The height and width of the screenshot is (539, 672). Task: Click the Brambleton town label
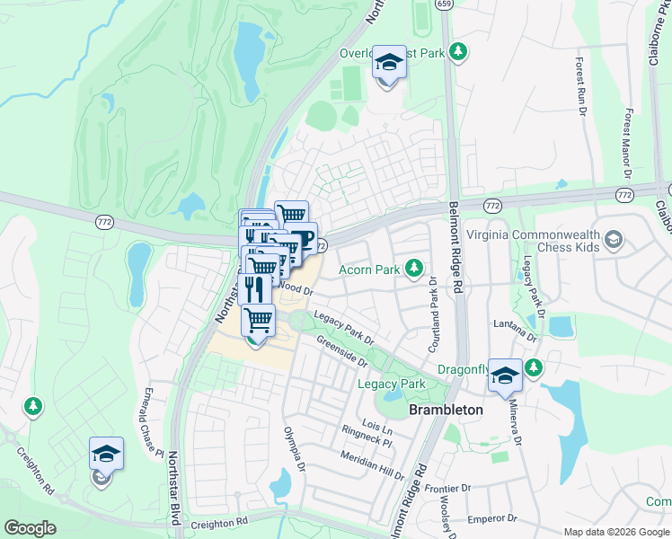[x=446, y=410]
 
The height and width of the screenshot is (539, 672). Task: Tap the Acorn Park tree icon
[x=414, y=268]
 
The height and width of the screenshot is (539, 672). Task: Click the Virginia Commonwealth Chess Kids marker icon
[x=614, y=239]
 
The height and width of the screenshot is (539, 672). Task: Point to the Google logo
[x=30, y=528]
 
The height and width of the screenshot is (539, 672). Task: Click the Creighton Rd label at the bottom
[x=218, y=522]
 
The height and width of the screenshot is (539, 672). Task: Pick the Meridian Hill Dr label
[x=373, y=464]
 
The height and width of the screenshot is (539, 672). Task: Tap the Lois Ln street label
[x=375, y=424]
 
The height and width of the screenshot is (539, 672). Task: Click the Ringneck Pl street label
[x=367, y=437]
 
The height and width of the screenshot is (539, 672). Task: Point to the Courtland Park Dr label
[x=432, y=305]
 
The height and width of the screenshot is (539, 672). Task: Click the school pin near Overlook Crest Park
[x=389, y=63]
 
